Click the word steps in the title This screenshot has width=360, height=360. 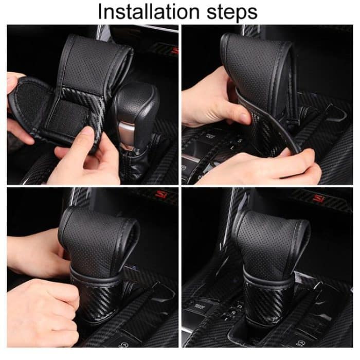click(229, 12)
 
